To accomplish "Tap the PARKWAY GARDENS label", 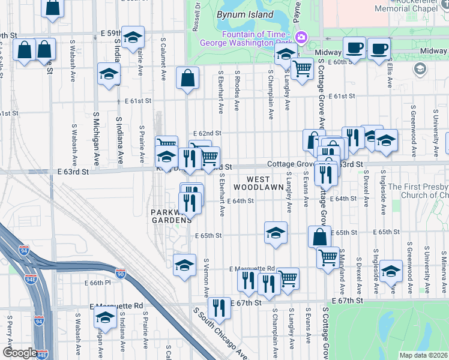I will click(169, 216).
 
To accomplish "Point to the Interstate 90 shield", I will click(121, 274).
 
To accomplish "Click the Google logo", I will click(19, 353).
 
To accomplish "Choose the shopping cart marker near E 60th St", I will click(302, 68).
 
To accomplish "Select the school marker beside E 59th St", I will click(133, 38).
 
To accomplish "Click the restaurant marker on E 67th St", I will click(219, 308).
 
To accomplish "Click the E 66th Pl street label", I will click(98, 283).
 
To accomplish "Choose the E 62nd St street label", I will click(207, 133).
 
